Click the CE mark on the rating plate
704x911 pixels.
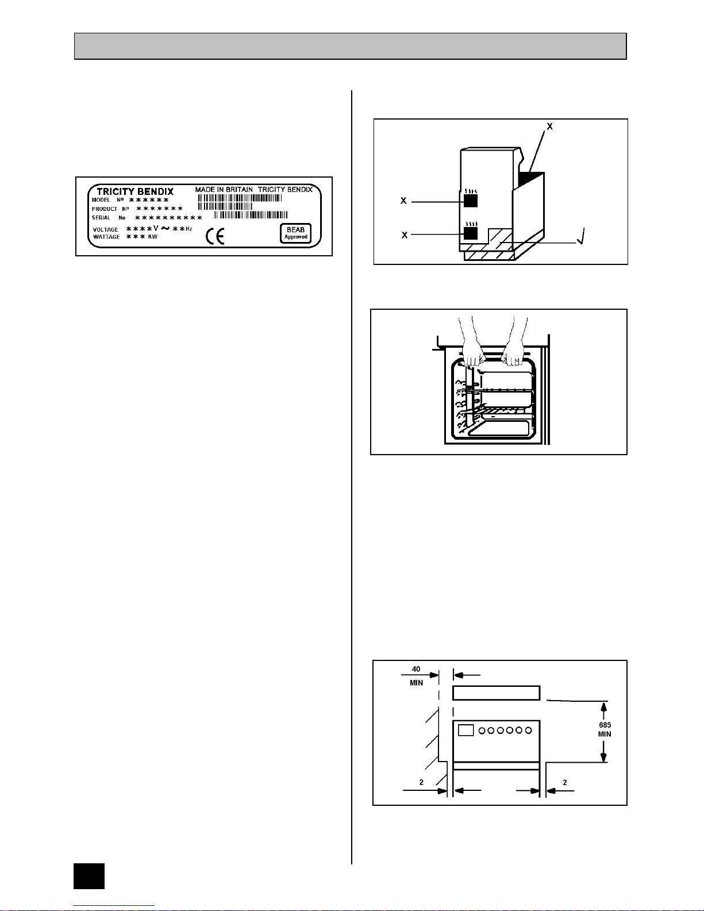(216, 236)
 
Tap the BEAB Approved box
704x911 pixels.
(295, 233)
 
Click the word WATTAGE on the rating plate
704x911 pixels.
(106, 237)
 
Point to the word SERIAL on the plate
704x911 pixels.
(101, 218)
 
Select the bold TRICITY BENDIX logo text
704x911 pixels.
(135, 191)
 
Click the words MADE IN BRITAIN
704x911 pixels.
(224, 189)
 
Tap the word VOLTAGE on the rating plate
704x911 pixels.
(106, 229)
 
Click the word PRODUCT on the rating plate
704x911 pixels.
(105, 209)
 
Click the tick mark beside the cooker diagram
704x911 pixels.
(584, 236)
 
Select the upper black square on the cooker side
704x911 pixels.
(471, 200)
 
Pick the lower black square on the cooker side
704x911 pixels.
(471, 233)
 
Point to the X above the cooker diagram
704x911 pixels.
(549, 126)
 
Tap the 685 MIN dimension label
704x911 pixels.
(604, 729)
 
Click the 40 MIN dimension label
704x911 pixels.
(416, 675)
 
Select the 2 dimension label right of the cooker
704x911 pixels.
(565, 782)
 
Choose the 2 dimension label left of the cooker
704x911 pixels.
(421, 782)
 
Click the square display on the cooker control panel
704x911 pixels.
(466, 730)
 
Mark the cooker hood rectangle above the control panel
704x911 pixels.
(496, 693)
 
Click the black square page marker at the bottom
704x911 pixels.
(89, 876)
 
